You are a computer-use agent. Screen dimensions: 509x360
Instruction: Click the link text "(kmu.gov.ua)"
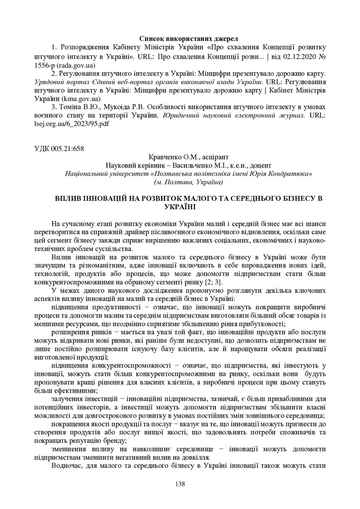73,98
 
